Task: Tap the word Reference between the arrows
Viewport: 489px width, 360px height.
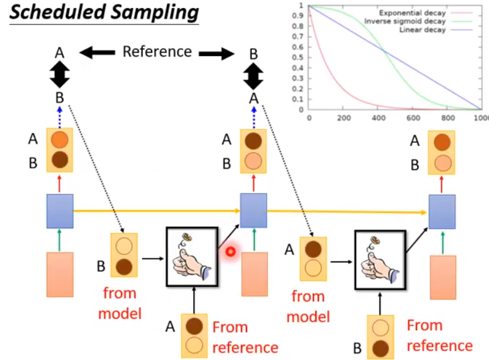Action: pyautogui.click(x=157, y=52)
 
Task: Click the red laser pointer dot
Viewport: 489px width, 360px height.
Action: pyautogui.click(x=232, y=251)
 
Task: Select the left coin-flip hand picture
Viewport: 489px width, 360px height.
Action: pyautogui.click(x=192, y=257)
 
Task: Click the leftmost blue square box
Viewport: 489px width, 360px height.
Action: pyautogui.click(x=60, y=210)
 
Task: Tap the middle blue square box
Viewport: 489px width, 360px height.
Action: pyautogui.click(x=253, y=210)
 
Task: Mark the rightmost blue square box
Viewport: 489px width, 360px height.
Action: pyautogui.click(x=442, y=211)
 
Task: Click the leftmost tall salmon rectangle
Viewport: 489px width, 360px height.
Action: pyautogui.click(x=60, y=275)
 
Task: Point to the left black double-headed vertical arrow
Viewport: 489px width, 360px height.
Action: pyautogui.click(x=60, y=77)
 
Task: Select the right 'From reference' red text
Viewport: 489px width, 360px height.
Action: pyautogui.click(x=440, y=335)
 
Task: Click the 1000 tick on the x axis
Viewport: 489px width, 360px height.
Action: pyautogui.click(x=481, y=118)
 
